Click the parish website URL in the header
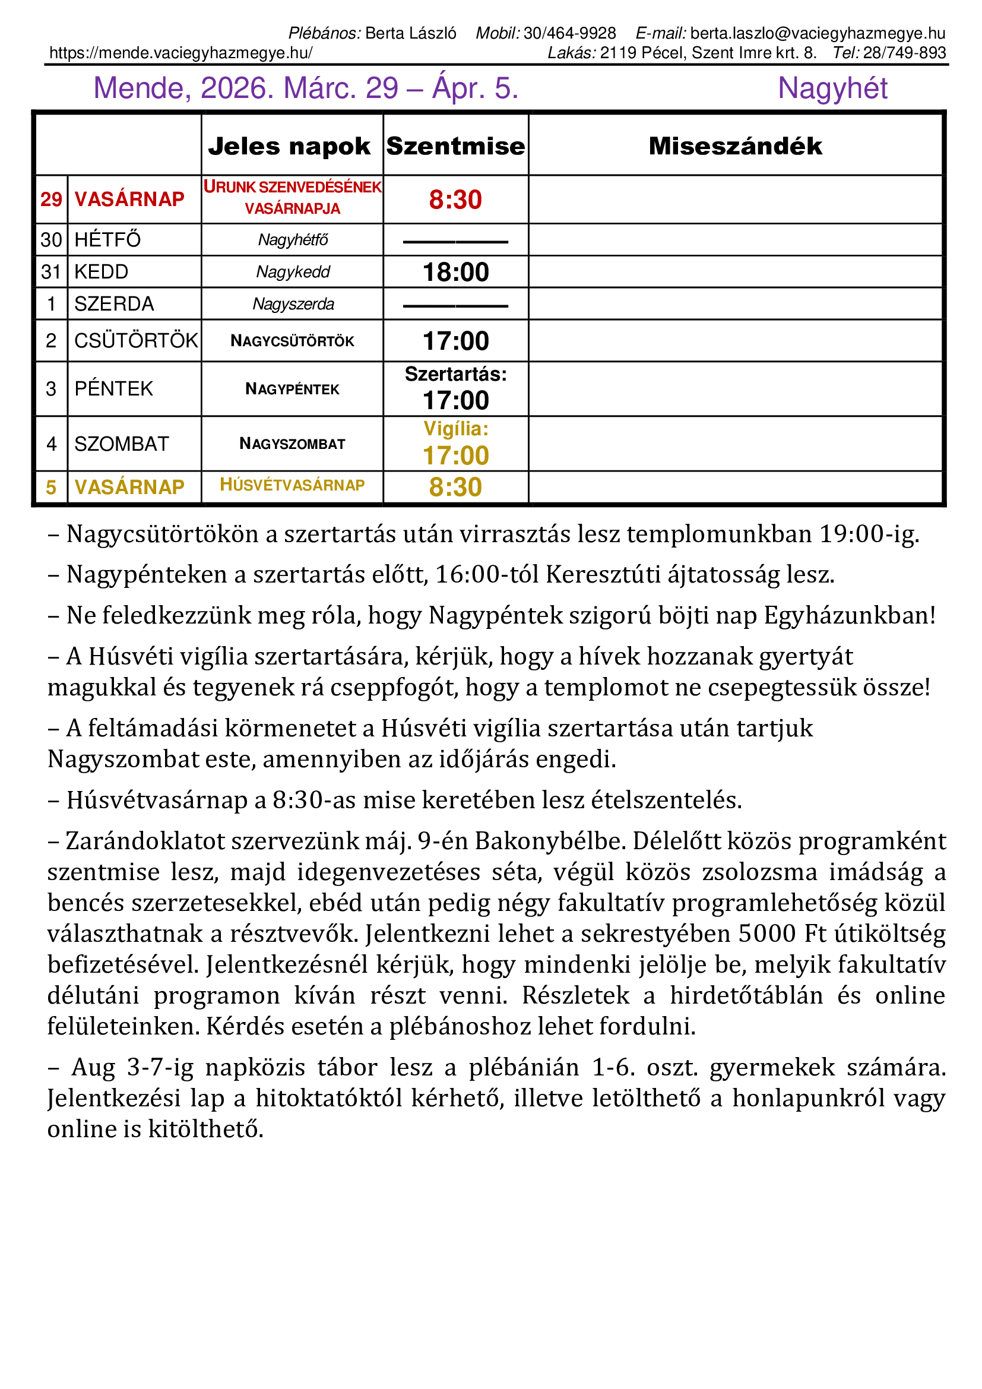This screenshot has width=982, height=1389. (181, 53)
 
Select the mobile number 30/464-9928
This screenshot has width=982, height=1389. (569, 33)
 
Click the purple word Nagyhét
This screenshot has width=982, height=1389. (832, 88)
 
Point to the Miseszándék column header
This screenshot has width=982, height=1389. (735, 147)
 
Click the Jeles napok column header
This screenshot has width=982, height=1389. (289, 147)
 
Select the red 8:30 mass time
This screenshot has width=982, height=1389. (455, 200)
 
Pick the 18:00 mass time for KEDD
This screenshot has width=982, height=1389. (455, 272)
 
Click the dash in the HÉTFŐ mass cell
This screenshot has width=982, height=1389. (455, 242)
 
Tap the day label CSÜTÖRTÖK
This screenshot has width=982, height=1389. (136, 341)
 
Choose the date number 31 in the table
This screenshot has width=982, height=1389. (52, 272)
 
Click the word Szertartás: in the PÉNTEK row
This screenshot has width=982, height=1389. (455, 375)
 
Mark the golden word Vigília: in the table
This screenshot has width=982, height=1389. (455, 429)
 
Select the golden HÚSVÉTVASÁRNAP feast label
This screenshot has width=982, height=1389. (292, 485)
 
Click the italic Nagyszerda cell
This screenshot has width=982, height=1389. (293, 303)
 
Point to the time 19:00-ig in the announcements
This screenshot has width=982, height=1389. (869, 534)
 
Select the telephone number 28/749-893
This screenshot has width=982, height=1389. (904, 53)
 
